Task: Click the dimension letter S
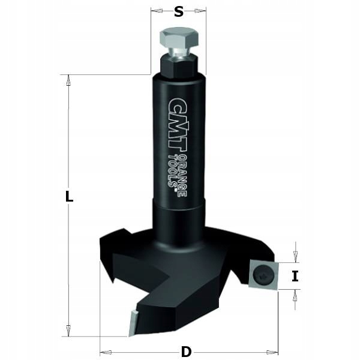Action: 179,11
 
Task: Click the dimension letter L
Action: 70,196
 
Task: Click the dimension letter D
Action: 186,350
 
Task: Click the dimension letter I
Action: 295,276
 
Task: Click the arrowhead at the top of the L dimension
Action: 68,79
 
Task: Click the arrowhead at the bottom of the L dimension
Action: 68,331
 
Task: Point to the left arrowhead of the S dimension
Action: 155,11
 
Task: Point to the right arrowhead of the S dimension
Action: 202,11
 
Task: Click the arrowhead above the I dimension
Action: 295,257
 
